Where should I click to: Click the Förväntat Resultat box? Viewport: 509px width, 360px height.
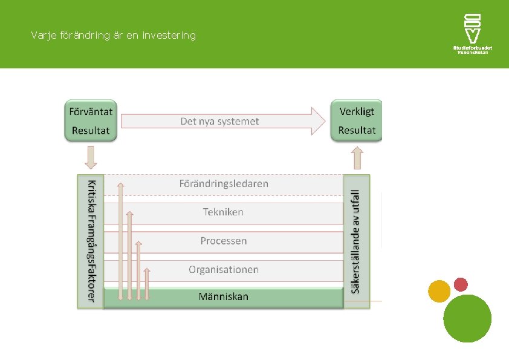(x=91, y=120)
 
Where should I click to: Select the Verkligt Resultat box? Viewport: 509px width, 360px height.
(x=357, y=120)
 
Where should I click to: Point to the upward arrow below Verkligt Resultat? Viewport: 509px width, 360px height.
(x=357, y=159)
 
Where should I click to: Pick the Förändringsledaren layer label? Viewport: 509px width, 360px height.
(x=224, y=183)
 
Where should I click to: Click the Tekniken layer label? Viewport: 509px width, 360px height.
(x=223, y=212)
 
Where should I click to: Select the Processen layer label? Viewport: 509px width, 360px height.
(x=224, y=241)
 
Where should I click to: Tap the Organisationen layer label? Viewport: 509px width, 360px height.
(x=224, y=269)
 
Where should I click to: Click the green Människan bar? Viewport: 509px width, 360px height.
(x=224, y=297)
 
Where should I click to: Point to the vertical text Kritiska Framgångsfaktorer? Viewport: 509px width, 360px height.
(x=91, y=240)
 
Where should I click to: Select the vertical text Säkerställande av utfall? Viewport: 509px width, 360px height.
(x=355, y=241)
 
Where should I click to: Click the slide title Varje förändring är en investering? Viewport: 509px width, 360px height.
(x=114, y=36)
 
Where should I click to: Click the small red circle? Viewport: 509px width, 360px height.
(x=461, y=284)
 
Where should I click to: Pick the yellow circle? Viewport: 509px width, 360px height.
(x=439, y=292)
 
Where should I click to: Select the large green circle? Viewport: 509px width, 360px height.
(x=467, y=318)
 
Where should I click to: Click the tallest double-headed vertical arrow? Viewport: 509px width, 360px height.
(x=120, y=241)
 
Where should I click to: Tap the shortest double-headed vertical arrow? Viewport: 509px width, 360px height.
(x=147, y=284)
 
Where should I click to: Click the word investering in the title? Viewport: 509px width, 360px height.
(x=169, y=36)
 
